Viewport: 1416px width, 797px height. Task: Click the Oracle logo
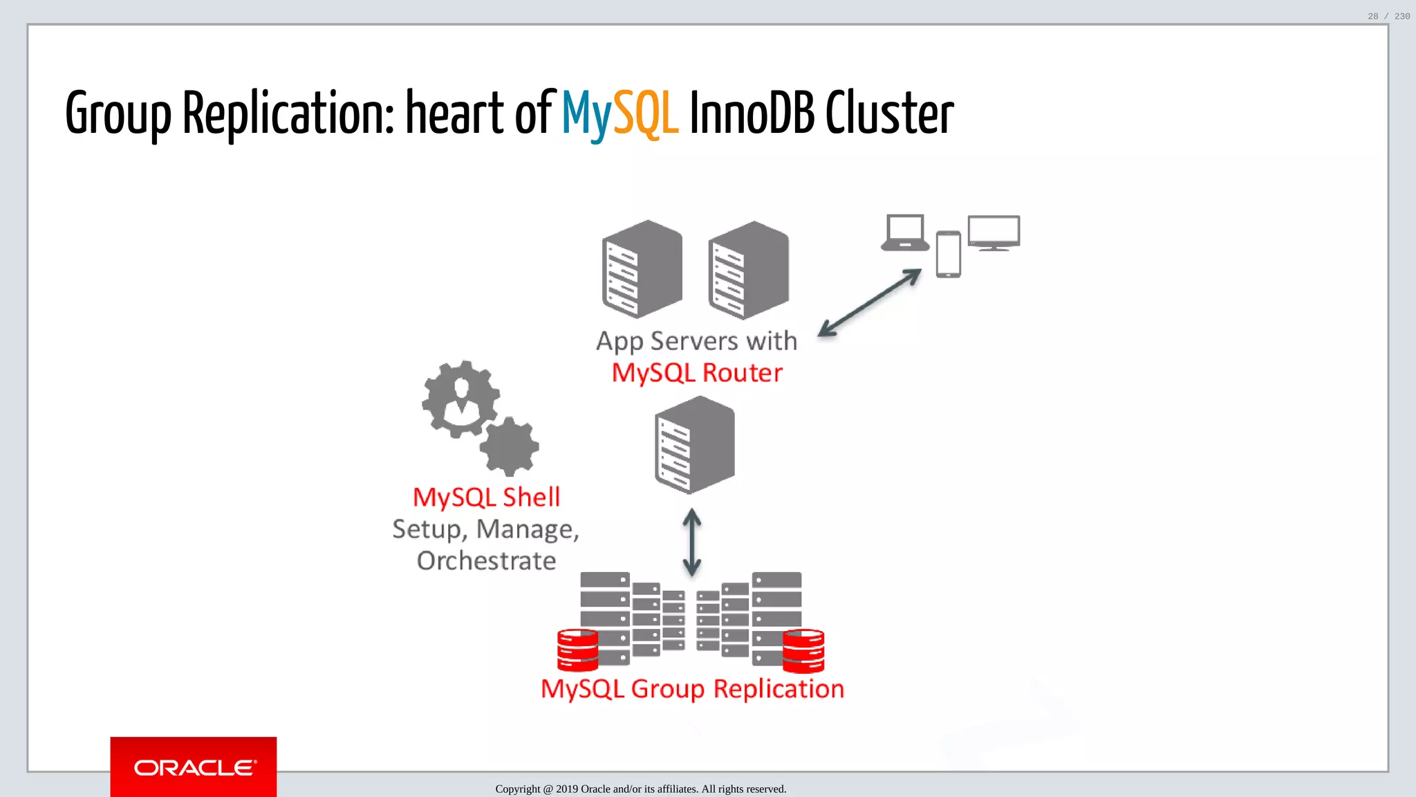coord(194,767)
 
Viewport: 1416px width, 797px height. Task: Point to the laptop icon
coord(904,233)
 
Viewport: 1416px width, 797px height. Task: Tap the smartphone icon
coord(948,255)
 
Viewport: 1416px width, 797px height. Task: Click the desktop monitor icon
coord(994,232)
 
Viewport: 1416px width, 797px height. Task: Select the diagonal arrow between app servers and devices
coord(869,303)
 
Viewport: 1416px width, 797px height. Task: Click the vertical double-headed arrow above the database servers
coord(692,542)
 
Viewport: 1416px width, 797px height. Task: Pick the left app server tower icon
coord(642,269)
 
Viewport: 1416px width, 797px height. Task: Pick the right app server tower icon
coord(749,270)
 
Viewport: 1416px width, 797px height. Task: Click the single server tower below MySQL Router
coord(695,445)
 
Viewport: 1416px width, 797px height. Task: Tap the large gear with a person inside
coord(460,399)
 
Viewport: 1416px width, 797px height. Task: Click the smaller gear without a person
coord(510,447)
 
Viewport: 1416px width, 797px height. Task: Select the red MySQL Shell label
coord(486,497)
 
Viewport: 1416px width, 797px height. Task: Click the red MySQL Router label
coord(697,373)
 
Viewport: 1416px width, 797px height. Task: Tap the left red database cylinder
coord(577,650)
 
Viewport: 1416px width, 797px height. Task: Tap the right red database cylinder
coord(803,650)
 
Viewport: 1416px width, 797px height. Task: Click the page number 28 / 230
coord(1388,16)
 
